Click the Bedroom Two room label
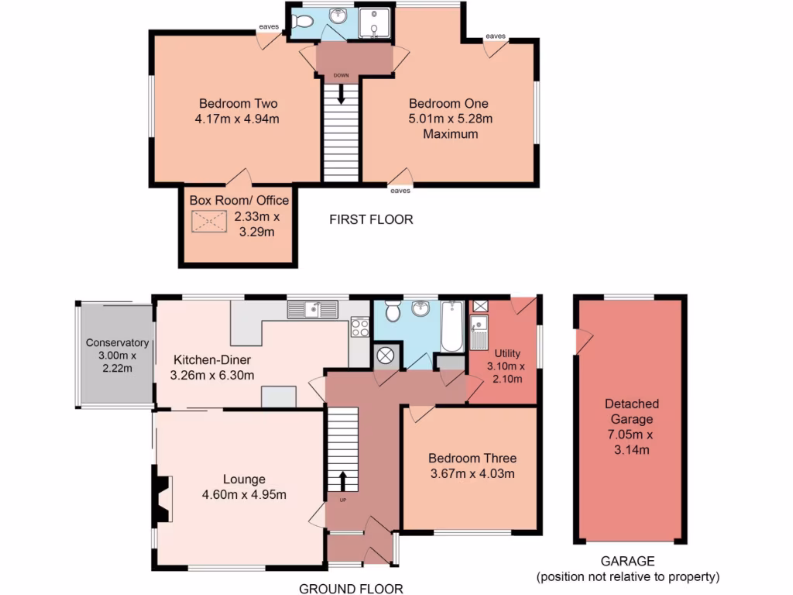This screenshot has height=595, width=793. point(238,103)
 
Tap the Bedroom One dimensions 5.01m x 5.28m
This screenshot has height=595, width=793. point(449,119)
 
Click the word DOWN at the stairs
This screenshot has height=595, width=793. point(341,75)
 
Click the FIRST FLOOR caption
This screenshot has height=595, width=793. point(371,219)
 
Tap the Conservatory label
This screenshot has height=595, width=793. point(116,342)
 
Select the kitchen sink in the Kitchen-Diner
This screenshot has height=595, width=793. point(313,309)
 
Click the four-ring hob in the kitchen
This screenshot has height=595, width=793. point(360,328)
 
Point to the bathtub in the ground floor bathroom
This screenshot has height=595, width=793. point(451,325)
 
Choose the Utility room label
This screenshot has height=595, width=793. point(506,353)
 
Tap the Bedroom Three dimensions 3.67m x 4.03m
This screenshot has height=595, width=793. point(472,474)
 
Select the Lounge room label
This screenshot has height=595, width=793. point(244,480)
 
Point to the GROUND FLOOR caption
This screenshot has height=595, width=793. point(351,589)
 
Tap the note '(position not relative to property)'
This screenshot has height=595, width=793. point(628,576)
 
